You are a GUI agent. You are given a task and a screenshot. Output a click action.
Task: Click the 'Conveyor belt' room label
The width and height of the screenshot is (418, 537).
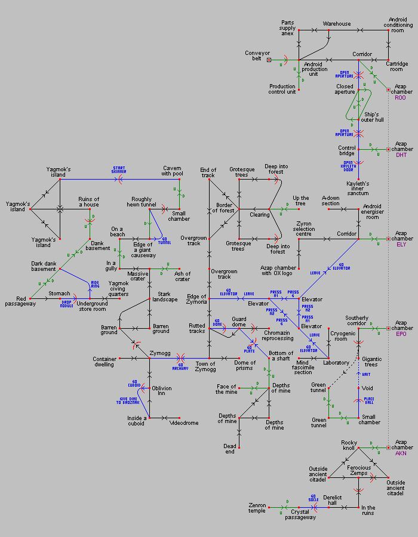(257, 55)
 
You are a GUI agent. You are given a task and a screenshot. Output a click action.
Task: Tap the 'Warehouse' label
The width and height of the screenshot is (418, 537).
(337, 24)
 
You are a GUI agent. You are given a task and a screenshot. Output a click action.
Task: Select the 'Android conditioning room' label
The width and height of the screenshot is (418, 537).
(398, 24)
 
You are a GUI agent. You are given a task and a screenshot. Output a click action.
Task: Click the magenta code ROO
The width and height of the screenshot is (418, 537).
(401, 97)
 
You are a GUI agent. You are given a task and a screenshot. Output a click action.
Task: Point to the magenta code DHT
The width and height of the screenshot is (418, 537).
(401, 155)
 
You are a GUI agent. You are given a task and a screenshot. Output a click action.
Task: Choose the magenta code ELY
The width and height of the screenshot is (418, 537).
(401, 244)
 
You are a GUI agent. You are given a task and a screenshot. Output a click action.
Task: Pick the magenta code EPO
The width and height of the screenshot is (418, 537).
(401, 334)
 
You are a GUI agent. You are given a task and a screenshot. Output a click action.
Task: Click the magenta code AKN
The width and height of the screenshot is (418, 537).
(401, 453)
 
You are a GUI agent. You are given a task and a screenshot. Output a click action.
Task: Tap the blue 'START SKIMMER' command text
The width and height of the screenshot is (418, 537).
(119, 169)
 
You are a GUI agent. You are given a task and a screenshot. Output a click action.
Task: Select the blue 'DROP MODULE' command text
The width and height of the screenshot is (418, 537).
(66, 304)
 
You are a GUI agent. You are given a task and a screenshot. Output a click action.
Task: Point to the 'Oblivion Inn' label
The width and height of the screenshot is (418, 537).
(162, 391)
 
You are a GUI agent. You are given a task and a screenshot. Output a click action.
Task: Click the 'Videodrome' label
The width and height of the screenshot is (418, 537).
(185, 422)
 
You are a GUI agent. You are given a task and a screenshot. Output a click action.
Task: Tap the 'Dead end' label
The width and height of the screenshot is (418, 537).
(230, 448)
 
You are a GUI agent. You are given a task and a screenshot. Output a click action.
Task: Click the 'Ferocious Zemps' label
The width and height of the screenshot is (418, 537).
(359, 470)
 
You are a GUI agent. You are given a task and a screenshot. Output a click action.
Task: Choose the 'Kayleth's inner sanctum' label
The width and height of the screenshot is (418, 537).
(358, 189)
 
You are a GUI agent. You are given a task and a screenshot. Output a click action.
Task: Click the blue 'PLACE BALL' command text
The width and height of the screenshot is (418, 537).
(369, 400)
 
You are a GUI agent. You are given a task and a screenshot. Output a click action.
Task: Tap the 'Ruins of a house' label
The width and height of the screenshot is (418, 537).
(88, 202)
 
